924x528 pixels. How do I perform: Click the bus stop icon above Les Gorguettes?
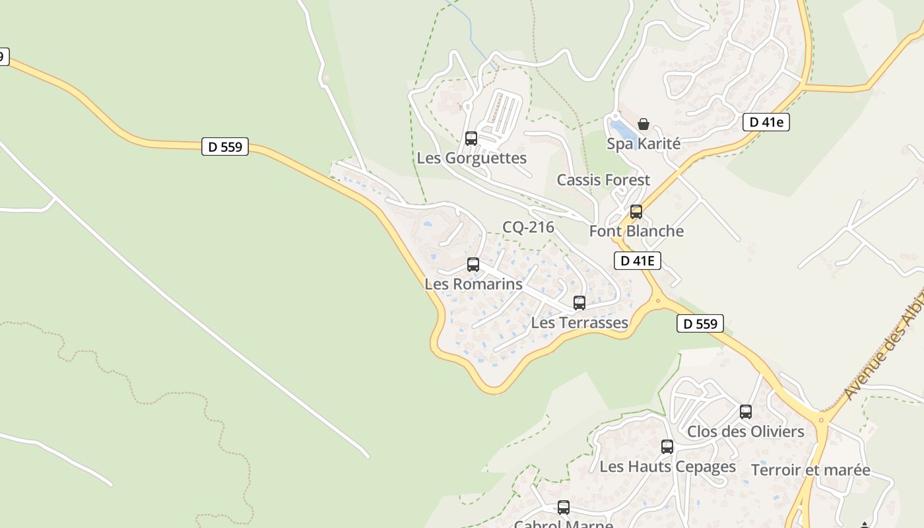tap(471, 139)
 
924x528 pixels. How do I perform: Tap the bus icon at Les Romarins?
tap(473, 265)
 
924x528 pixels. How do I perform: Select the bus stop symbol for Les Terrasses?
tap(579, 303)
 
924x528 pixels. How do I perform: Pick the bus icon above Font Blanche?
tap(636, 212)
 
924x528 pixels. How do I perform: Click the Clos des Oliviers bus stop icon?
tap(746, 412)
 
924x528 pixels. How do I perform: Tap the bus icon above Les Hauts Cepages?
tap(667, 447)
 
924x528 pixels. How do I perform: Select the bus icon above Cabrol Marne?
tap(564, 508)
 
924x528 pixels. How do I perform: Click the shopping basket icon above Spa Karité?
tap(643, 124)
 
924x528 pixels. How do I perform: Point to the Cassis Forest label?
tap(603, 180)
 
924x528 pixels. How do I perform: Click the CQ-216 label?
tap(528, 228)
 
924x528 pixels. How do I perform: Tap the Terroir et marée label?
tap(810, 471)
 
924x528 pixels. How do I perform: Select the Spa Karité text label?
tap(643, 144)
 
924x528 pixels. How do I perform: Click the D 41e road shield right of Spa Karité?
tap(766, 122)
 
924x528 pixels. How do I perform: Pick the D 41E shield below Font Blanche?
tap(638, 261)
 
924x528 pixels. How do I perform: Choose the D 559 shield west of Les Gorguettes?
tap(225, 147)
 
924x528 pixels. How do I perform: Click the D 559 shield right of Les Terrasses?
tap(700, 324)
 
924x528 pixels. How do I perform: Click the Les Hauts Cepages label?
tap(667, 467)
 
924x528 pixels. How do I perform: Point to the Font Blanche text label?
tap(636, 231)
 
